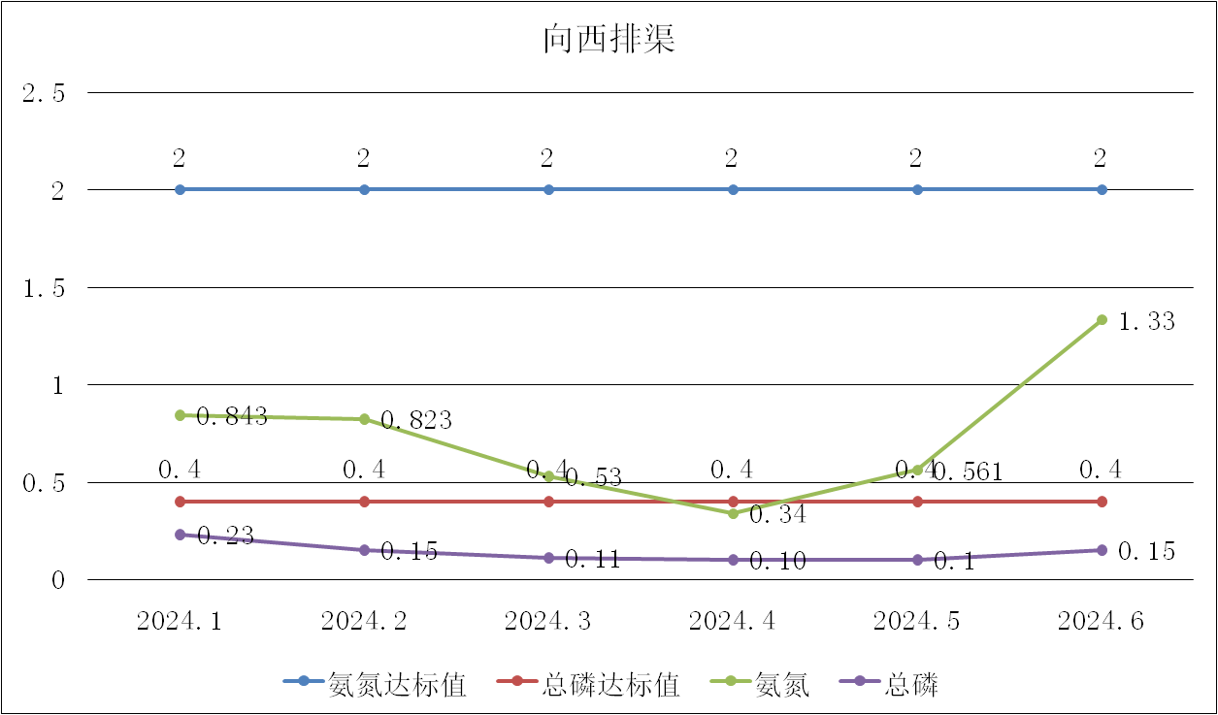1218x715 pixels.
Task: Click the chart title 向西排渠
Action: (x=609, y=41)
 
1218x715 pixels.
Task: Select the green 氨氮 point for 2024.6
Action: (x=1102, y=319)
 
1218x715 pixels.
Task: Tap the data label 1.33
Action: (x=1147, y=322)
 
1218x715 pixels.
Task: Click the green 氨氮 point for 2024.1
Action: (x=180, y=415)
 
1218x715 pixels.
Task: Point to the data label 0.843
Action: (x=232, y=416)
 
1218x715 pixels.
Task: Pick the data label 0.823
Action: (x=416, y=420)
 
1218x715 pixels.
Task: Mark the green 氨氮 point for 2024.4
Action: (x=733, y=513)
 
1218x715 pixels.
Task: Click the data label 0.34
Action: (x=777, y=515)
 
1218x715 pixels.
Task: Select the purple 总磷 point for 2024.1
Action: (x=180, y=535)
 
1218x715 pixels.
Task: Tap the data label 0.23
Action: (x=225, y=536)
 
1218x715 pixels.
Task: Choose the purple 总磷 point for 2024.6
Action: (x=1102, y=550)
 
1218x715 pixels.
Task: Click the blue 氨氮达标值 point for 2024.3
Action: (x=548, y=189)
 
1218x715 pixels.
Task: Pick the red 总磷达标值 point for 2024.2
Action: (x=364, y=502)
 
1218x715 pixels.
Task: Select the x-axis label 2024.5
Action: (x=917, y=622)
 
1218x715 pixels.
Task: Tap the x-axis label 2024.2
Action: (x=364, y=622)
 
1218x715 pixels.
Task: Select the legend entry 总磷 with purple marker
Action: (x=911, y=684)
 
